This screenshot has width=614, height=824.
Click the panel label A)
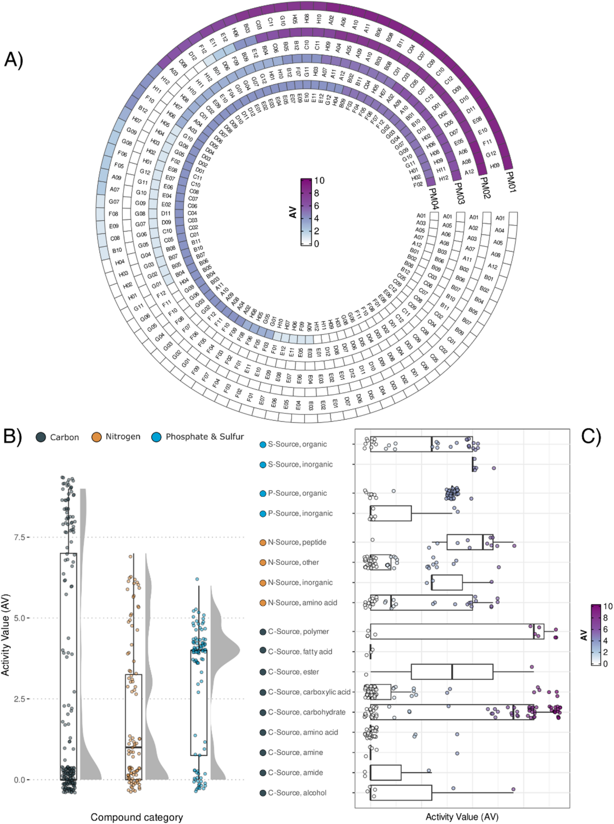(x=14, y=60)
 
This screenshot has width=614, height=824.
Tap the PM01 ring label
(x=511, y=181)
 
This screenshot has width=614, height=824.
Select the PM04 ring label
(x=433, y=199)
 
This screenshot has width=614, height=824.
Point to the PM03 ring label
(x=458, y=193)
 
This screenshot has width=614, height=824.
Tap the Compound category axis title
(x=137, y=817)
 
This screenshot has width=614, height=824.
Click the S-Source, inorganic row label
(x=300, y=465)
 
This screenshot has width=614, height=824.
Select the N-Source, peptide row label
(x=297, y=542)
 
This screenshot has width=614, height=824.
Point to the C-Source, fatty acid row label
(x=300, y=652)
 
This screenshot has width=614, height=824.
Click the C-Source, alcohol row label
(x=297, y=793)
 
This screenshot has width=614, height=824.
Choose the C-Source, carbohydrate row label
(x=306, y=712)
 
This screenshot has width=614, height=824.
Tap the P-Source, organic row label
(x=297, y=493)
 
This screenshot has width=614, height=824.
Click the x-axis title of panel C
(x=462, y=817)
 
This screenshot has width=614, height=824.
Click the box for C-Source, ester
(x=452, y=672)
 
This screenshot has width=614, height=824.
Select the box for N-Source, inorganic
(x=447, y=582)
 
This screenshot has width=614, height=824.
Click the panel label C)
(x=591, y=436)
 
